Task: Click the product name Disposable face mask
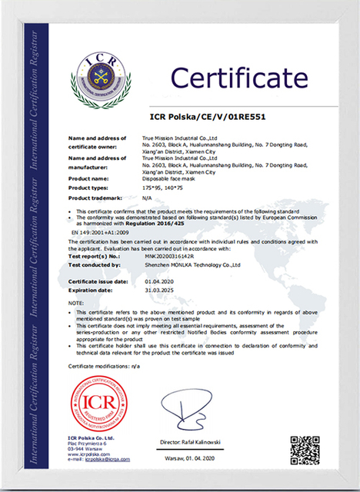click(x=168, y=178)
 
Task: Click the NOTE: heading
click(x=76, y=304)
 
